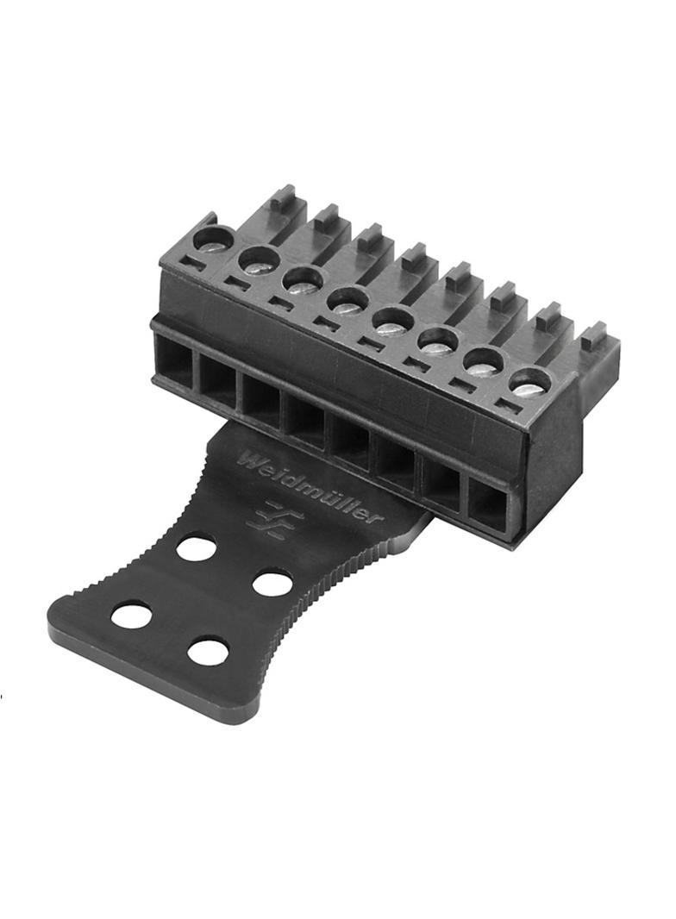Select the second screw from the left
[258, 261]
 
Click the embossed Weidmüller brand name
[309, 485]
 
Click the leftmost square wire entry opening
[173, 357]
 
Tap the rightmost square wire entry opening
[488, 503]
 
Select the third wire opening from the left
[260, 397]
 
